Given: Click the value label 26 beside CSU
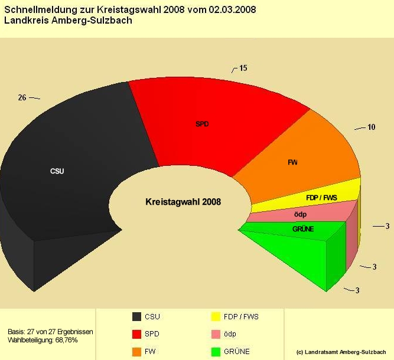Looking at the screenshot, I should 22,97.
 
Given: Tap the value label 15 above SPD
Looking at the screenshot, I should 243,68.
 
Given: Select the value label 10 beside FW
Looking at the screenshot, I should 371,127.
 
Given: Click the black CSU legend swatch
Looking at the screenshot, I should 137,316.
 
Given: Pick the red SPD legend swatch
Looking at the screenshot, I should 137,334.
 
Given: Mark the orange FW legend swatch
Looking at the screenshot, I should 137,352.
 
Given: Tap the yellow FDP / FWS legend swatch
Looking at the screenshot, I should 216,316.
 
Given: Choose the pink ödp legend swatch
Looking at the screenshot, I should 216,334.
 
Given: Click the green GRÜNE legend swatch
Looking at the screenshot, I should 216,352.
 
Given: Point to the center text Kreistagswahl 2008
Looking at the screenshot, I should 183,202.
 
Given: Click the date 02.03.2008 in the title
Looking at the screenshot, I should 232,10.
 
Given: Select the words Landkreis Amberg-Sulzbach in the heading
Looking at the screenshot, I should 68,21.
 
